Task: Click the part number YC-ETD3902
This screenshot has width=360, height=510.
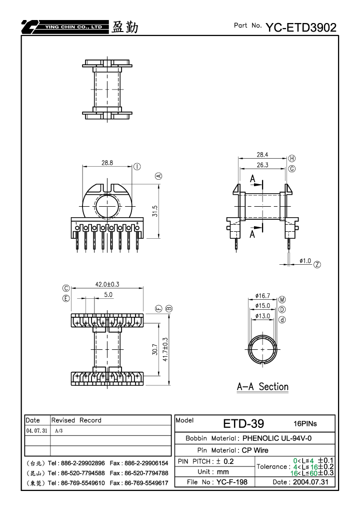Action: pyautogui.click(x=301, y=28)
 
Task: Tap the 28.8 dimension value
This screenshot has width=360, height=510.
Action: pyautogui.click(x=107, y=162)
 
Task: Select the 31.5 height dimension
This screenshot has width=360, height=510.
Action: pyautogui.click(x=154, y=211)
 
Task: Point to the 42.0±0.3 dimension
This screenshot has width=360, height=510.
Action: pyautogui.click(x=107, y=284)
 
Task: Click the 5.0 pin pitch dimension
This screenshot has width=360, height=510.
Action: pyautogui.click(x=108, y=295)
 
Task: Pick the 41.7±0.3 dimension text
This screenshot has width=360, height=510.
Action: pyautogui.click(x=165, y=349)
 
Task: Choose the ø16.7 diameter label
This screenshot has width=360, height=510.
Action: pyautogui.click(x=262, y=296)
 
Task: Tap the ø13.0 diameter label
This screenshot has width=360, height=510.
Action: pyautogui.click(x=262, y=316)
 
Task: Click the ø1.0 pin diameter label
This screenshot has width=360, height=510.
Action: pyautogui.click(x=305, y=261)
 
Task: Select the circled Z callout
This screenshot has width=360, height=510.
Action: pyautogui.click(x=317, y=264)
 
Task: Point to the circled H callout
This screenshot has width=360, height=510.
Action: pyautogui.click(x=292, y=158)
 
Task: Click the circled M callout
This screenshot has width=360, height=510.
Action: pyautogui.click(x=282, y=300)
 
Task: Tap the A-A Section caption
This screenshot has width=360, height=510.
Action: pyautogui.click(x=262, y=386)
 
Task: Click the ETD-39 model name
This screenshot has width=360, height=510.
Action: pyautogui.click(x=243, y=423)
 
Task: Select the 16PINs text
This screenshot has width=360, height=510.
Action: pyautogui.click(x=305, y=423)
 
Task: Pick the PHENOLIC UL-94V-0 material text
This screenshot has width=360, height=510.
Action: pyautogui.click(x=277, y=438)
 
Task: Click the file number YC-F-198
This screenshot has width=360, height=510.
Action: pyautogui.click(x=231, y=482)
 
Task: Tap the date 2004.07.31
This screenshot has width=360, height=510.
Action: pyautogui.click(x=310, y=482)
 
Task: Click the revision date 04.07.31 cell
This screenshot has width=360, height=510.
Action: pyautogui.click(x=36, y=430)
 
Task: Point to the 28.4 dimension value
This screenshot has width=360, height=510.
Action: pyautogui.click(x=262, y=155)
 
